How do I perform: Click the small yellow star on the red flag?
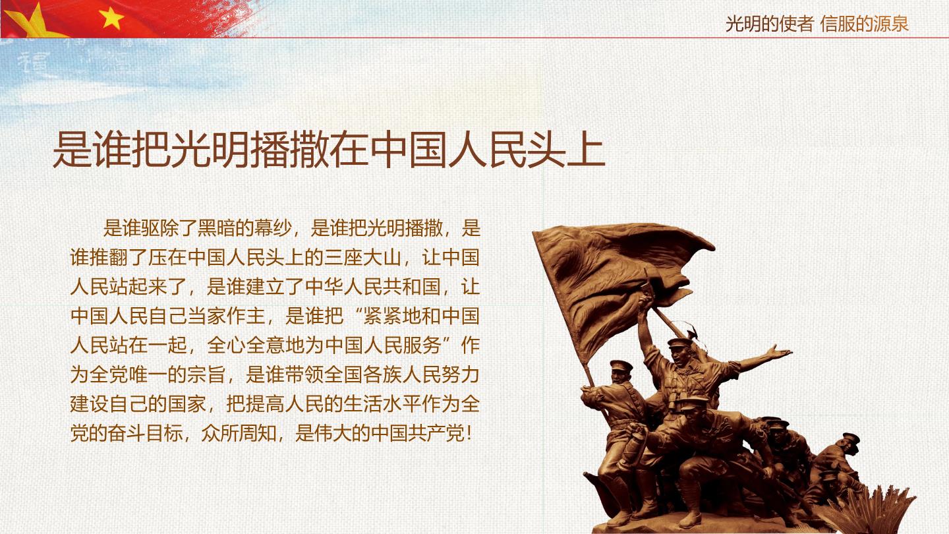(x=111, y=18)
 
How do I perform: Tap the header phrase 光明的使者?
(x=769, y=24)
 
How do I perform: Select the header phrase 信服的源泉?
(x=864, y=24)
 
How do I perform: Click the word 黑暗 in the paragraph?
(x=216, y=228)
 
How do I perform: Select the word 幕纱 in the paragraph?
(x=273, y=228)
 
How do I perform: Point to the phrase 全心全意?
(x=246, y=345)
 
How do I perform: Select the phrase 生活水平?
(x=382, y=404)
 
